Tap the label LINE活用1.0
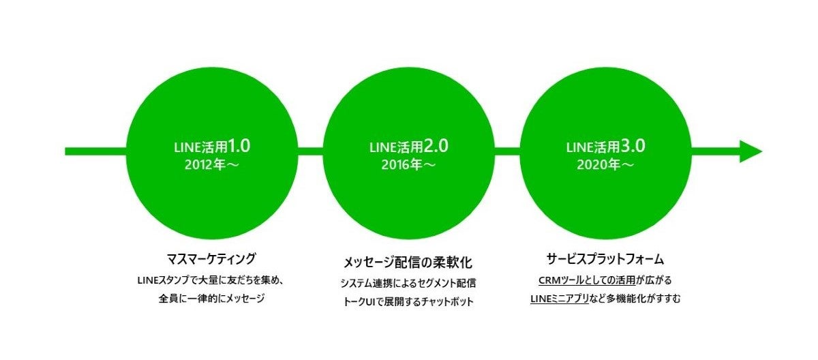pyautogui.click(x=212, y=147)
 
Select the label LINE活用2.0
pyautogui.click(x=408, y=147)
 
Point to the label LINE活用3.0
pyautogui.click(x=605, y=147)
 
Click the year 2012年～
pyautogui.click(x=212, y=165)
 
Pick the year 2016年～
pyautogui.click(x=408, y=165)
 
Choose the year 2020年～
pyautogui.click(x=605, y=165)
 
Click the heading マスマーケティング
pyautogui.click(x=211, y=259)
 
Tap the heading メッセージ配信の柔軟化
pyautogui.click(x=408, y=262)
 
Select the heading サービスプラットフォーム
pyautogui.click(x=605, y=259)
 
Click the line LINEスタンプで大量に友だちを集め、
pyautogui.click(x=211, y=280)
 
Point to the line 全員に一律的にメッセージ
pyautogui.click(x=211, y=299)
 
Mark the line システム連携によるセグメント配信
pyautogui.click(x=408, y=284)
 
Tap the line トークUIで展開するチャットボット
pyautogui.click(x=408, y=301)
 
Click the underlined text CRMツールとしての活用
pyautogui.click(x=587, y=280)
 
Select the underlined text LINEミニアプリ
pyautogui.click(x=560, y=299)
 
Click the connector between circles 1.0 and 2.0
pyautogui.click(x=310, y=151)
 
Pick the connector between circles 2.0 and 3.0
pyautogui.click(x=507, y=151)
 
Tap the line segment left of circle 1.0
pyautogui.click(x=95, y=151)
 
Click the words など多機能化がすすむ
pyautogui.click(x=635, y=299)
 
